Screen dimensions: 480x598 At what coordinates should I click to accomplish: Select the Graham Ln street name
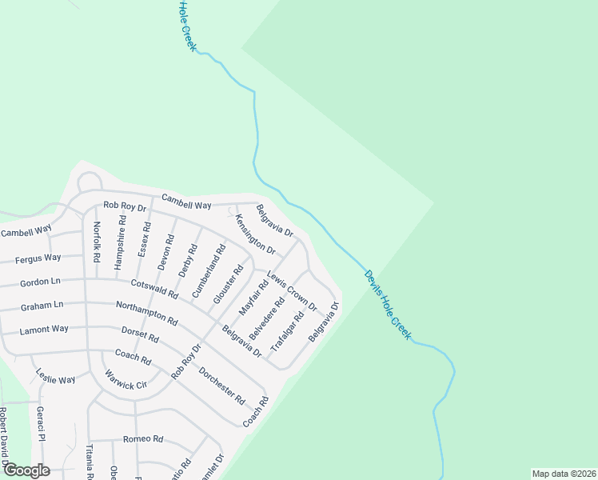[42, 305]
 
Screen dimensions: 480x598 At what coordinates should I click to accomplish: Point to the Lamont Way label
[44, 329]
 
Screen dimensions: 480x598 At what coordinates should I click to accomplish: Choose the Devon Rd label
[165, 251]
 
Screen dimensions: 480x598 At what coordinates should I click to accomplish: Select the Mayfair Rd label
[253, 297]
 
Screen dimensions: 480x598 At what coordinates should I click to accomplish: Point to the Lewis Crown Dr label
[292, 290]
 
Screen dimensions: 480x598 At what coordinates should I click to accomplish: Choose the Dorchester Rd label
[221, 386]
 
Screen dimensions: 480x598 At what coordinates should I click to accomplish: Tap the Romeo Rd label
[143, 439]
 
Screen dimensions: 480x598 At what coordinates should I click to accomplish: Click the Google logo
[27, 470]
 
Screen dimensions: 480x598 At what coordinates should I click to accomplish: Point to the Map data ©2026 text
[563, 474]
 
